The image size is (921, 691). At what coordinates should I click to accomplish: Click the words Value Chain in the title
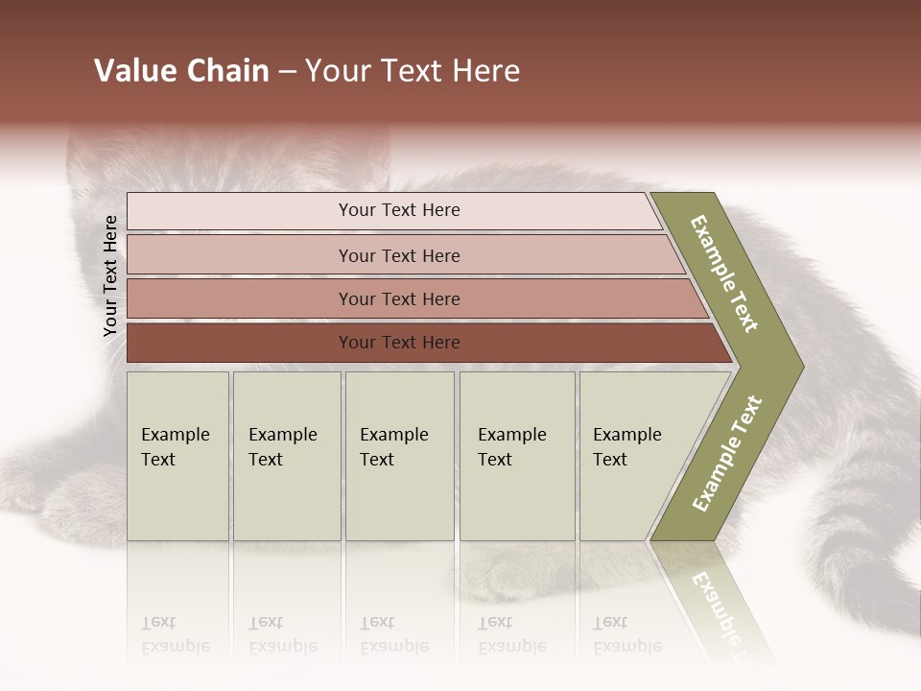pos(181,71)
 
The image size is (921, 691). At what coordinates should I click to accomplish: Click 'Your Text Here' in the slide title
pos(413,71)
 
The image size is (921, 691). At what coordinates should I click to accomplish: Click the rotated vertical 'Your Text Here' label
pos(110,275)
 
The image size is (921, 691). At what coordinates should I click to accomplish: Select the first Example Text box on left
pos(177,456)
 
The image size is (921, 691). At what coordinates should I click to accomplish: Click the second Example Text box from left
pos(286,456)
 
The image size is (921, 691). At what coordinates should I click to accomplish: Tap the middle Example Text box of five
pos(399,456)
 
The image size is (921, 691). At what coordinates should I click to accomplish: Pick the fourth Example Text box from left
pos(516,456)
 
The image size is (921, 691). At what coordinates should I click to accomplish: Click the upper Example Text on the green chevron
pos(725,274)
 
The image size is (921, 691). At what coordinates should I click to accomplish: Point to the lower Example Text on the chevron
pos(727,453)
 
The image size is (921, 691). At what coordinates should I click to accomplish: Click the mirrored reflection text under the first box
pos(175,634)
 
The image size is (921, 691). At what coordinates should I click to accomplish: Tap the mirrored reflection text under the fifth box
pos(626,634)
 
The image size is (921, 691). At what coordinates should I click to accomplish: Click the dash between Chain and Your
pos(287,72)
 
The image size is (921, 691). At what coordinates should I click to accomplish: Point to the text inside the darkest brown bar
pos(399,343)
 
